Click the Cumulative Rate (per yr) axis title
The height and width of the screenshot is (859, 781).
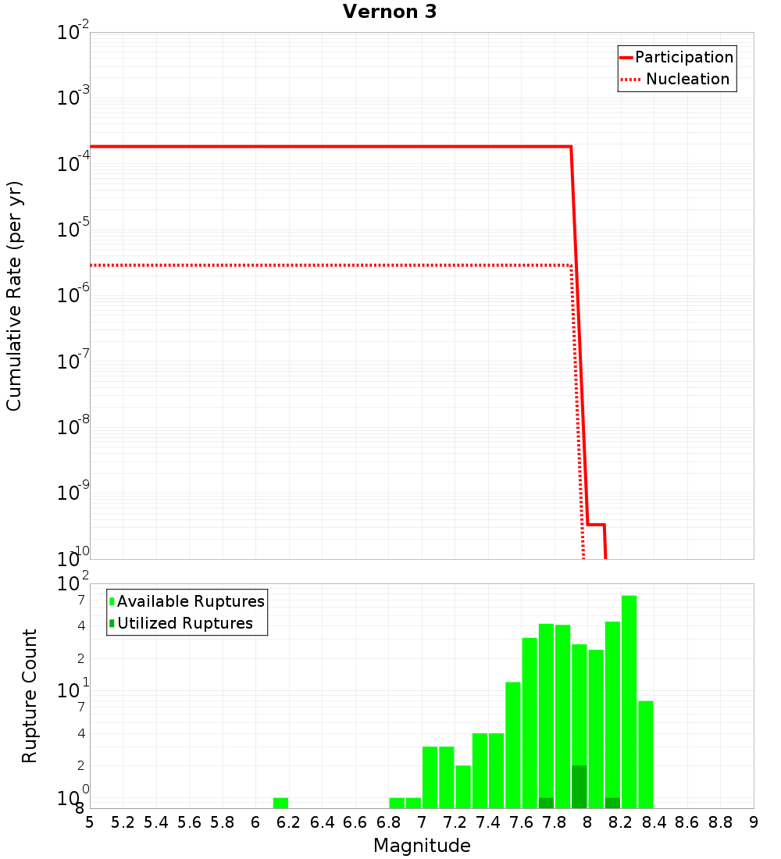pyautogui.click(x=14, y=295)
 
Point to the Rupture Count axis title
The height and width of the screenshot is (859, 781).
pyautogui.click(x=30, y=696)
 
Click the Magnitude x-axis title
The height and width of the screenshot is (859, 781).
pyautogui.click(x=422, y=846)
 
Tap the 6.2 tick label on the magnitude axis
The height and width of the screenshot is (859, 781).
pyautogui.click(x=288, y=822)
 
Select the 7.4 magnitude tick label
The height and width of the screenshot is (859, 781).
pyautogui.click(x=487, y=822)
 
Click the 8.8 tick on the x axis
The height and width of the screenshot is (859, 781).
pyautogui.click(x=720, y=822)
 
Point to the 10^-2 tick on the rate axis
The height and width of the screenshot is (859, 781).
pyautogui.click(x=73, y=33)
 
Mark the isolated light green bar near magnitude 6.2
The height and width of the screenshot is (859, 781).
pyautogui.click(x=281, y=803)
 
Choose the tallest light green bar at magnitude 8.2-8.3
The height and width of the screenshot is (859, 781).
pyautogui.click(x=629, y=701)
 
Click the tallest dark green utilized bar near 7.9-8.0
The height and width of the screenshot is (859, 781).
pyautogui.click(x=579, y=786)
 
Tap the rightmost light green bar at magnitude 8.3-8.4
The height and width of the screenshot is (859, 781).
pyautogui.click(x=645, y=754)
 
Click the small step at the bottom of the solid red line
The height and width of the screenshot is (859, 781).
pyautogui.click(x=596, y=525)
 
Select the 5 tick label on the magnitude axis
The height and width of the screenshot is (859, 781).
pyautogui.click(x=90, y=822)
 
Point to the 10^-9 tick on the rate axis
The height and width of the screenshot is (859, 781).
pyautogui.click(x=73, y=494)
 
